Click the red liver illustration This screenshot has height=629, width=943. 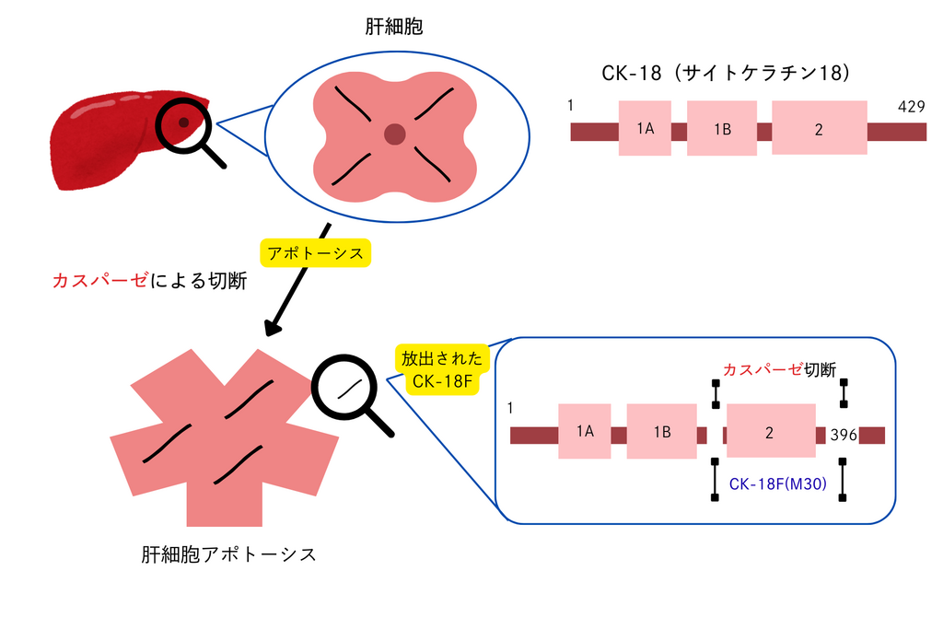click(x=111, y=138)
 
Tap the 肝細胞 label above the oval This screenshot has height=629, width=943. click(x=394, y=28)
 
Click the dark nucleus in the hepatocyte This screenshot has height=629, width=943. click(x=395, y=135)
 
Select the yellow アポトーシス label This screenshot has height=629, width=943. click(x=315, y=251)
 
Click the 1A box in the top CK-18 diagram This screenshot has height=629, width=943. click(x=645, y=128)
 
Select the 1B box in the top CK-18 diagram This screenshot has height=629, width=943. click(x=722, y=128)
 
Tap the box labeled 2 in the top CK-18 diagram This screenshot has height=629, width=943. click(x=819, y=128)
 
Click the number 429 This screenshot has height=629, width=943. click(x=911, y=107)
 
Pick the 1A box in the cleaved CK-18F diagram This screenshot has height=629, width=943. click(x=585, y=431)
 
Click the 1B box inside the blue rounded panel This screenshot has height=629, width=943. click(x=661, y=431)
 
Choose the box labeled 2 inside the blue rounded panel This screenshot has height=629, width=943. click(x=769, y=431)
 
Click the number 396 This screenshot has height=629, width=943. click(x=843, y=434)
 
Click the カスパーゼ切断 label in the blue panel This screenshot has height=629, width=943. click(x=779, y=370)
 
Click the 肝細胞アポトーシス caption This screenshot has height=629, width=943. click(x=228, y=554)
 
